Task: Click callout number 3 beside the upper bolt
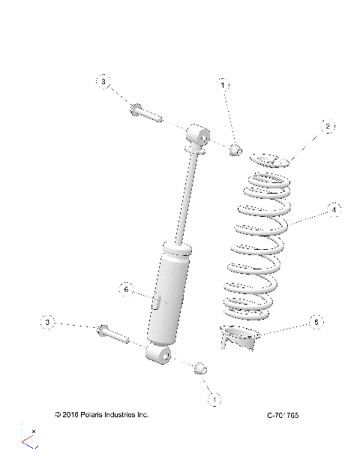104,81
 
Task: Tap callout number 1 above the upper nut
223,86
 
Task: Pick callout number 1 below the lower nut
214,400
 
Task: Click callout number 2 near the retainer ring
327,128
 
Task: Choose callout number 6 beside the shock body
126,289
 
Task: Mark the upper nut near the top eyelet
235,150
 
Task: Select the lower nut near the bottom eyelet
200,368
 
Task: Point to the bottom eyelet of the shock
159,354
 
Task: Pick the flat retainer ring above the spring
271,160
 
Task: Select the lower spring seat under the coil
241,338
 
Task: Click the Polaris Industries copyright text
102,414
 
